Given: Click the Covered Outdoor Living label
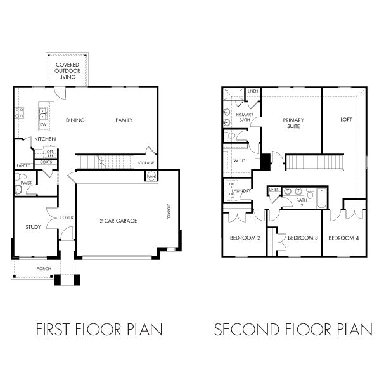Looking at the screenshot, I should (x=67, y=71).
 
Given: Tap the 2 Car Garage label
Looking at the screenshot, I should (x=118, y=221).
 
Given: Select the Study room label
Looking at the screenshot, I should (x=33, y=226).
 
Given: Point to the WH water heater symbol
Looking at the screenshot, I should (x=151, y=176).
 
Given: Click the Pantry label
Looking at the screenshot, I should (x=23, y=166).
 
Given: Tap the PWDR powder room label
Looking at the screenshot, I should (x=26, y=182).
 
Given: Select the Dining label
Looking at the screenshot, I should (x=75, y=120).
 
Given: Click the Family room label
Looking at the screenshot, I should (x=124, y=120).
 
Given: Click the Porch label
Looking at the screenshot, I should (x=44, y=268).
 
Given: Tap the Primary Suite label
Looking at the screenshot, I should (x=293, y=123).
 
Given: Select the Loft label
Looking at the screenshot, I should (x=345, y=119).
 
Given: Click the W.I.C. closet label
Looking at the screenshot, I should (x=239, y=160).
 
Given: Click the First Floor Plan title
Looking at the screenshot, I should (x=99, y=330).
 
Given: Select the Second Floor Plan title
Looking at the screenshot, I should (x=293, y=330).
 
